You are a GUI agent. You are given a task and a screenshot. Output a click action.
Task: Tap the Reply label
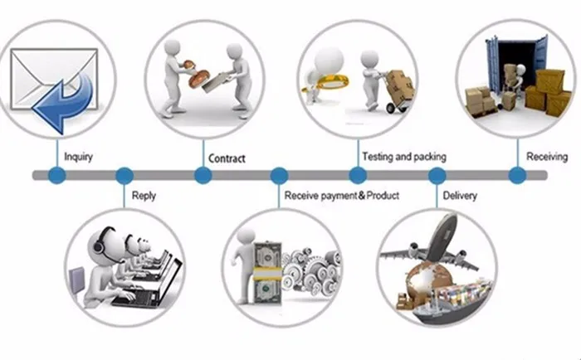[144, 197]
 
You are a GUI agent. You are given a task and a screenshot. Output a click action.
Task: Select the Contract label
[227, 158]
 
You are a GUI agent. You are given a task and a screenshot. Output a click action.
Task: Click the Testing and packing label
[404, 156]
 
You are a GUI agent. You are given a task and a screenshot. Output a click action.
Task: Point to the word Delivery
[459, 196]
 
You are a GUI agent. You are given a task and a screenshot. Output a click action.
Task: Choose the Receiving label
[547, 156]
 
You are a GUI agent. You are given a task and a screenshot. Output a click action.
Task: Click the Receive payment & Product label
[342, 196]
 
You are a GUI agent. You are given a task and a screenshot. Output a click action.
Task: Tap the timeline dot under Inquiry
[56, 175]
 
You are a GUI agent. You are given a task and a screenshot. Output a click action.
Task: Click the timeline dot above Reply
[124, 175]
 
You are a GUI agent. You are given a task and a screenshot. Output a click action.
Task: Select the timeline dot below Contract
[203, 175]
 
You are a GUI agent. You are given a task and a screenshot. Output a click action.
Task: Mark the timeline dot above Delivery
[437, 175]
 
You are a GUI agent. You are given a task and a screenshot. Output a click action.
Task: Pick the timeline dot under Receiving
[516, 175]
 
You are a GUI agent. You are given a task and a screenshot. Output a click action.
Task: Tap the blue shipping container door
[495, 66]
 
